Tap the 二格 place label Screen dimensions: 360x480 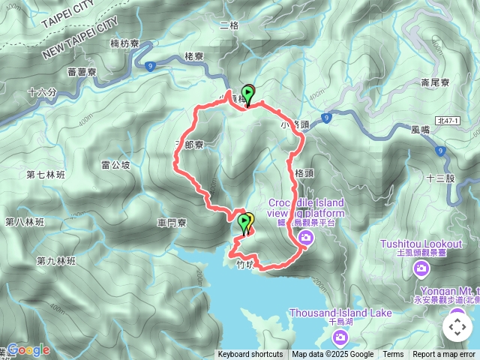pos(229,25)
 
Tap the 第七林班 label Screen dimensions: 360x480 pos(46,175)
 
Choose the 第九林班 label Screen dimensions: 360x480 pos(56,261)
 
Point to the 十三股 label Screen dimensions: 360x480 pos(440,178)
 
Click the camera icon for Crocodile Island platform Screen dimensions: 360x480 pos(305,238)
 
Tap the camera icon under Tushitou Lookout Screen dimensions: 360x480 pos(421,267)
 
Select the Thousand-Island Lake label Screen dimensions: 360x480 pos(340,313)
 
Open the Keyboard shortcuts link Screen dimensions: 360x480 pos(250,355)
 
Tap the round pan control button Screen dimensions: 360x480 pos(457,327)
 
